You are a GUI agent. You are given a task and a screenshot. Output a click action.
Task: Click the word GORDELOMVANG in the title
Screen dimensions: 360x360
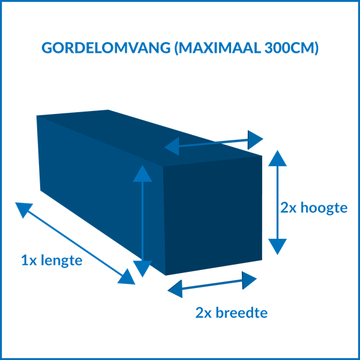[x=106, y=48]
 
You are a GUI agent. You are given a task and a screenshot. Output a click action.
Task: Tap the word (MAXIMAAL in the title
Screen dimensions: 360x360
[x=218, y=48]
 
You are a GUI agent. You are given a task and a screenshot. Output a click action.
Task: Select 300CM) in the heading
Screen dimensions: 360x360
[x=292, y=48]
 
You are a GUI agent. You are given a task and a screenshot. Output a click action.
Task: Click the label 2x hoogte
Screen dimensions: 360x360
[x=314, y=208]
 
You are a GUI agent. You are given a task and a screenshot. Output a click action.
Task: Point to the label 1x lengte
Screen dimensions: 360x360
[x=52, y=260]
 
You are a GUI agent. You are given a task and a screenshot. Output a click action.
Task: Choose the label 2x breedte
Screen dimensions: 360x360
[x=232, y=313]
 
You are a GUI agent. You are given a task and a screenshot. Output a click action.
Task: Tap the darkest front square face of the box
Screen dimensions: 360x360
[x=212, y=215]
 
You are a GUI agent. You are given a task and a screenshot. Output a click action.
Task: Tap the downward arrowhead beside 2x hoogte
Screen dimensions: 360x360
[x=277, y=245]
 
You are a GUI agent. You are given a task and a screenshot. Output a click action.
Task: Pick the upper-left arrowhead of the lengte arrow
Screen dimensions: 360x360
[x=23, y=208]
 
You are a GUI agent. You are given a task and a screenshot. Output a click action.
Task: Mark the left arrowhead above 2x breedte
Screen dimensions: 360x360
[x=176, y=289]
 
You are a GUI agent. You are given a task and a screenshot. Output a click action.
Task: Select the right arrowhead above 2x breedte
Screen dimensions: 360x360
[x=248, y=280]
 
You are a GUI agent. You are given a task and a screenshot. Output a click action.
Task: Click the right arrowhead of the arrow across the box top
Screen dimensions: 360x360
[x=254, y=140]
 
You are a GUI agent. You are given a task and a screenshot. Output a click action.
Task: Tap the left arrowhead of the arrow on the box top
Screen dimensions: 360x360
[x=173, y=146]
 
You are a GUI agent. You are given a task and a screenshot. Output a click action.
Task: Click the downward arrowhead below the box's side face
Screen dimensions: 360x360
[x=142, y=268]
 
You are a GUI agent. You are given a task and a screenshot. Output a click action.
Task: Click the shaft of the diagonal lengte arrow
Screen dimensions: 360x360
[x=75, y=244]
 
